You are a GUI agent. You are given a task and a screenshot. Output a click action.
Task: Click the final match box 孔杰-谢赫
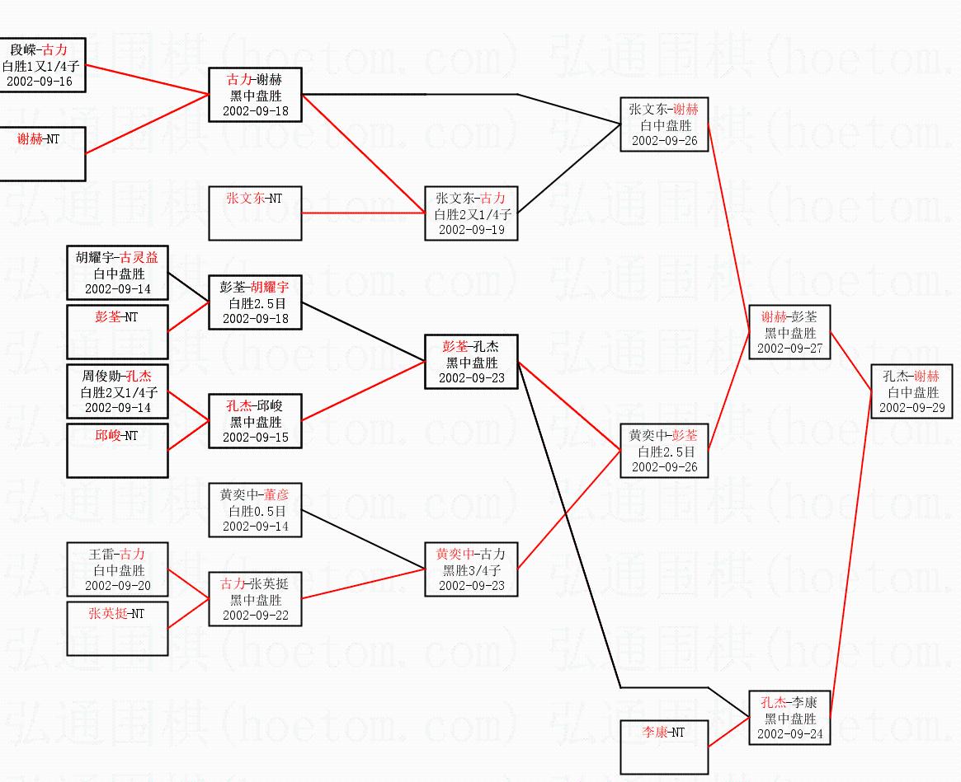pos(912,391)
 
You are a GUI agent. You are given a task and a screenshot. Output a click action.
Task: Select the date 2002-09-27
pos(789,349)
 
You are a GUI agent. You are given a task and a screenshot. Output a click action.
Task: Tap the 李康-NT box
pos(664,747)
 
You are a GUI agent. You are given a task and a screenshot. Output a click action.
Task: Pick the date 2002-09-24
pos(789,733)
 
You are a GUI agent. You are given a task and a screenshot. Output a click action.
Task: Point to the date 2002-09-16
pos(40,81)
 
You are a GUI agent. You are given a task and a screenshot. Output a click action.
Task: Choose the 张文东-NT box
pos(255,213)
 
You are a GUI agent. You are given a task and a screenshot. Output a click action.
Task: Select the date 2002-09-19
pos(471,230)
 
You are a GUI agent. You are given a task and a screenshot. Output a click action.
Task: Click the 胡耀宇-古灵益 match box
pos(118,273)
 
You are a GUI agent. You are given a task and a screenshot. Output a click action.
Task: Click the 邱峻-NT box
pos(118,450)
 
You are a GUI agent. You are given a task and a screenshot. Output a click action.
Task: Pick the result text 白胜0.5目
pos(255,511)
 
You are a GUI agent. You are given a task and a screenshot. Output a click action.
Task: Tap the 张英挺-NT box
pos(118,628)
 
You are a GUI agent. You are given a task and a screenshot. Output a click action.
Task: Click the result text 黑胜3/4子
pos(471,569)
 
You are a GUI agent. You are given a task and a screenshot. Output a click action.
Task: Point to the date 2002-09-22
pos(255,615)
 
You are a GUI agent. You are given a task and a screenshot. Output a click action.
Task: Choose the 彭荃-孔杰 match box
pos(471,362)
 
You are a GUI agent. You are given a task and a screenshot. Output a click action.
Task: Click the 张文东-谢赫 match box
pos(664,124)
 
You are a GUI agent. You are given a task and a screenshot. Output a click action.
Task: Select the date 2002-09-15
pos(255,438)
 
